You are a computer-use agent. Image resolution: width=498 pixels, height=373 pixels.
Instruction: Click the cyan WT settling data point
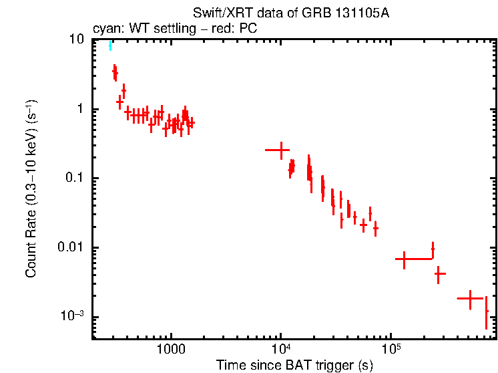click(111, 45)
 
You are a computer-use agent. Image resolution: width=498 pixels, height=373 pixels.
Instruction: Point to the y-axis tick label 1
click(80, 110)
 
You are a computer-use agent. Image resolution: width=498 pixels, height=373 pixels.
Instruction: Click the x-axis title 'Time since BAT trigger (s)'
click(294, 366)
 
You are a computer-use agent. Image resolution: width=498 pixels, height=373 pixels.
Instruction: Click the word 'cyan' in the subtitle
click(105, 28)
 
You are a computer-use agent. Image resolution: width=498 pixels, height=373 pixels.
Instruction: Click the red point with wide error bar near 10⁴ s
click(281, 150)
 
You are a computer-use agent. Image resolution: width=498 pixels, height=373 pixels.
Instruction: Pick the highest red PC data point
click(114, 72)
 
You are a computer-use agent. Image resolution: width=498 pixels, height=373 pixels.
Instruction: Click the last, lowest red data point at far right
click(487, 312)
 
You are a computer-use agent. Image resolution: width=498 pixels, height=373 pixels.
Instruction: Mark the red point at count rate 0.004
click(440, 273)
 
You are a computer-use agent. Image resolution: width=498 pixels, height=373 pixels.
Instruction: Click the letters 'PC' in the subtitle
click(248, 28)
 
